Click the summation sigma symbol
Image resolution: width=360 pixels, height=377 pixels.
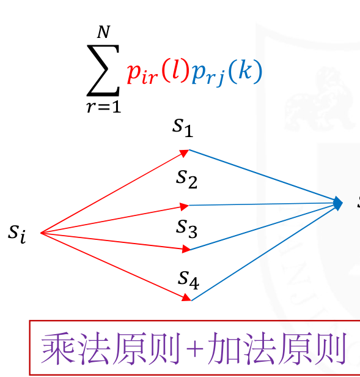click(x=103, y=70)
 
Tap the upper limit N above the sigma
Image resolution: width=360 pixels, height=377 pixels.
click(x=103, y=32)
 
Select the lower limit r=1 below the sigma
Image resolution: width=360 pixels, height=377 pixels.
click(x=104, y=107)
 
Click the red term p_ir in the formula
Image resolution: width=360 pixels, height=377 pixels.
click(x=142, y=73)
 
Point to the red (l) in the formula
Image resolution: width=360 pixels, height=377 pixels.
click(x=174, y=70)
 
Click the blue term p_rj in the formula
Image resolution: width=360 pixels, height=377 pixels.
click(x=208, y=74)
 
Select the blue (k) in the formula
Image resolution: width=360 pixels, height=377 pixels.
click(x=245, y=71)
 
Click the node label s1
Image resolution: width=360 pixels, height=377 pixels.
click(x=183, y=128)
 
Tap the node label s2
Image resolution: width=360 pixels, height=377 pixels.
click(x=186, y=179)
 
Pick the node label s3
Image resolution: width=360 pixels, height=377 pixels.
click(x=186, y=229)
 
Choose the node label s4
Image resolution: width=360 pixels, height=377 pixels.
click(x=188, y=280)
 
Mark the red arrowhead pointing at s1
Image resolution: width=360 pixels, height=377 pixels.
click(x=185, y=153)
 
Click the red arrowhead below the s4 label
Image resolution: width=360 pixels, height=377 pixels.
click(x=186, y=297)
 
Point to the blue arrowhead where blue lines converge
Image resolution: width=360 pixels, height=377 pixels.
click(x=338, y=203)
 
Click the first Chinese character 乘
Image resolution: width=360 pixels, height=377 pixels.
click(x=58, y=348)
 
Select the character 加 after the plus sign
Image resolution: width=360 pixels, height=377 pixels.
click(x=224, y=348)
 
